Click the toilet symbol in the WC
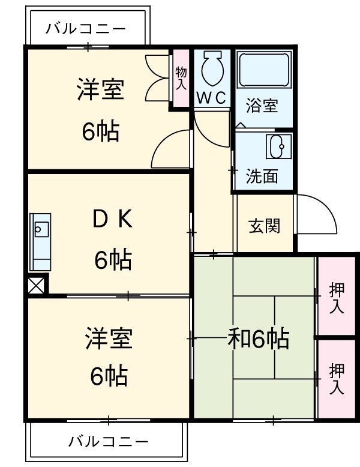212,68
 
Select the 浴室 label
262,106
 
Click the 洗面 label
262,176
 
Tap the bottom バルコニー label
108,443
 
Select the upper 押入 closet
337,297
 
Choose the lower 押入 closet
337,379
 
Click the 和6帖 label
259,340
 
